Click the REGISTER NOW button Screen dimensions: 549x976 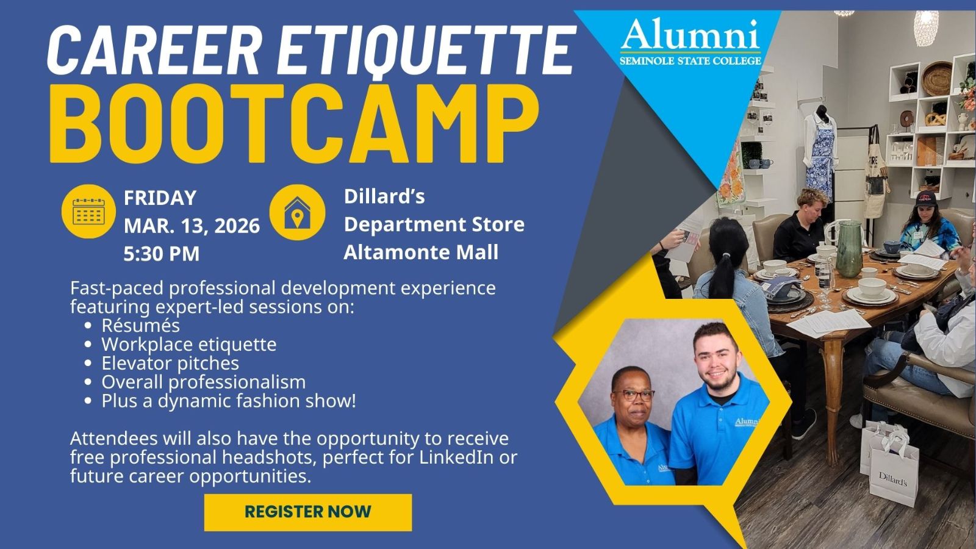pos(308,512)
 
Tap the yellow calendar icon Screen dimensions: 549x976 pos(88,211)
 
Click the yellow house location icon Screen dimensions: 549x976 pos(297,212)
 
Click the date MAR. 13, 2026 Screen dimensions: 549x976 pos(192,226)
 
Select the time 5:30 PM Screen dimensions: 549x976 pos(162,254)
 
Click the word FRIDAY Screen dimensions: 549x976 pos(160,198)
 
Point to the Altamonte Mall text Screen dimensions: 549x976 pos(421,252)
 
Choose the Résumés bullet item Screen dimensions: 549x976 pos(140,325)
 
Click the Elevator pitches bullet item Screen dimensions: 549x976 pos(170,363)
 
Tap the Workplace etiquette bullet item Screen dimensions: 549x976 pos(188,344)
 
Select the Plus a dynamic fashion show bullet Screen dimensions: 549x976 pos(228,401)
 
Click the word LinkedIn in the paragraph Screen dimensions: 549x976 pos(456,457)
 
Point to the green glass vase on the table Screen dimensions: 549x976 pos(849,245)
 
